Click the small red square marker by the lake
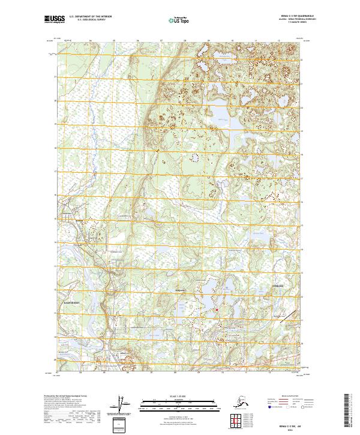click(217, 310)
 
